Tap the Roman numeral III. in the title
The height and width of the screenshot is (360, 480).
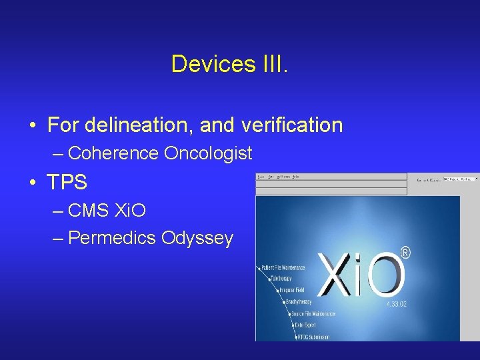(272, 64)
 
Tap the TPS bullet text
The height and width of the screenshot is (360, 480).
(67, 181)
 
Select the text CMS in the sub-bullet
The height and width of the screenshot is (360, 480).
(90, 211)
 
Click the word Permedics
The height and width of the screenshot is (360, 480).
(112, 237)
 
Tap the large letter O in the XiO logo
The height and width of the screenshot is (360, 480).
(385, 275)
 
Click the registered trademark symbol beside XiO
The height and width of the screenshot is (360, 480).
(405, 253)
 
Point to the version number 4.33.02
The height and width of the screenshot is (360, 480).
(396, 303)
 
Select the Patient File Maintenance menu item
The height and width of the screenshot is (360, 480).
(283, 268)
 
